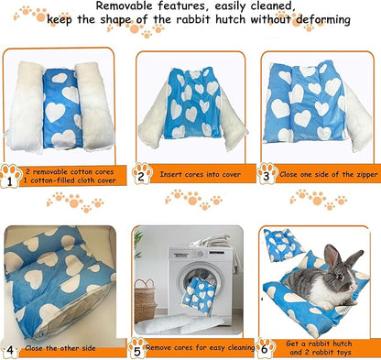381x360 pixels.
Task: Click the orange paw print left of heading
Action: point(33,13)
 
